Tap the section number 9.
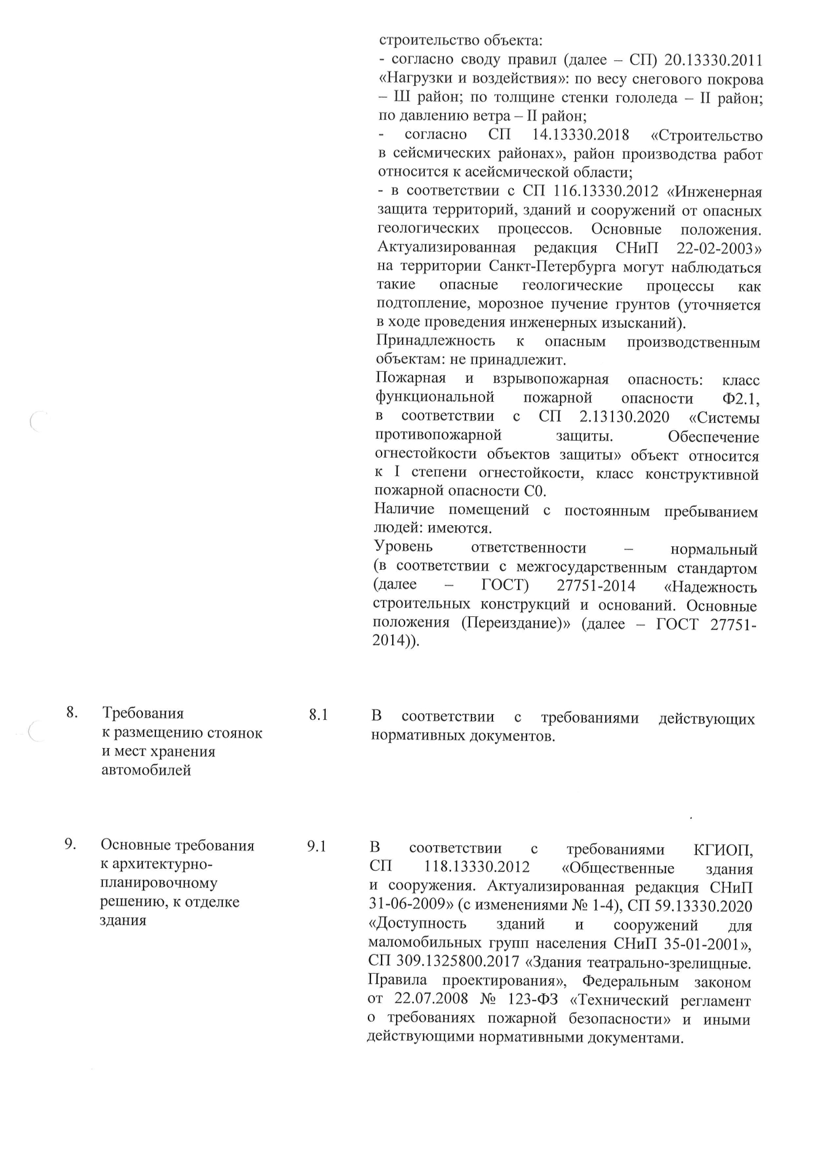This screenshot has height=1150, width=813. [x=71, y=844]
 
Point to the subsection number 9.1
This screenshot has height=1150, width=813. [x=317, y=846]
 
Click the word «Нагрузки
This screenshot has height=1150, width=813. [x=416, y=79]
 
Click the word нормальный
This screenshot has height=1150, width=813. [x=714, y=548]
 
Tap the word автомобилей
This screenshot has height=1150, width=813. [x=147, y=770]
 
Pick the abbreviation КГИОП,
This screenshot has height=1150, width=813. [x=723, y=850]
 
